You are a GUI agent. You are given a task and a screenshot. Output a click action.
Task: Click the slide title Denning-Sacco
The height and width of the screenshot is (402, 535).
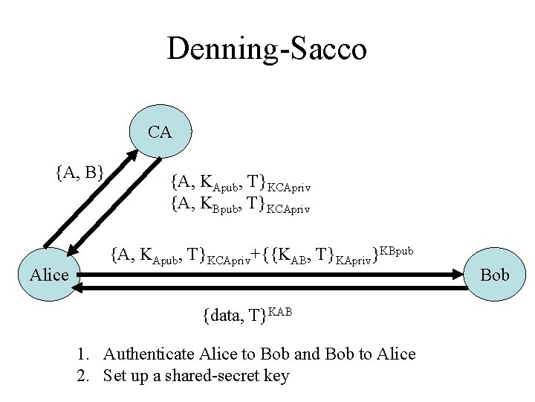267,49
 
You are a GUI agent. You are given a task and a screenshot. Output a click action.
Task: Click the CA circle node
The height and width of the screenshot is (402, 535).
160,133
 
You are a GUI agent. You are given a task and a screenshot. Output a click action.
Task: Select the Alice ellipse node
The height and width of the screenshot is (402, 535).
50,275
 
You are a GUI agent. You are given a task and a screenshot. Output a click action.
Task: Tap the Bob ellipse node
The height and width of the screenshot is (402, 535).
495,275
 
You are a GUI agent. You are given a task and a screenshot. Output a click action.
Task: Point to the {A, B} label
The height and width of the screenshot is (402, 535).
79,173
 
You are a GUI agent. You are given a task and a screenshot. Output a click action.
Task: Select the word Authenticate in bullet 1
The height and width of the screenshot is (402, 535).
149,354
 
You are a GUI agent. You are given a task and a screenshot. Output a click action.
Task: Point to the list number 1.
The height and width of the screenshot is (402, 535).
81,354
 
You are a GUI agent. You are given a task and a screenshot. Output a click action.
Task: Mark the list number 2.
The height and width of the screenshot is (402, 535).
81,375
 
